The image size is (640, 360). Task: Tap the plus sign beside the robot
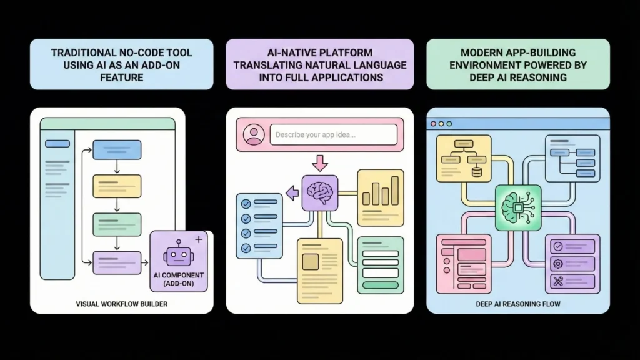(x=199, y=239)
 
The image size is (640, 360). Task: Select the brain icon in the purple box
(x=319, y=192)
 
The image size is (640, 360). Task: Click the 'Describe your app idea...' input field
(x=334, y=134)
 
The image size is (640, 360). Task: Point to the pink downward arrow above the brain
(x=319, y=162)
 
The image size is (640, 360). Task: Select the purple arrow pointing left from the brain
(x=292, y=194)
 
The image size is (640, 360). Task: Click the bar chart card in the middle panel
(x=381, y=197)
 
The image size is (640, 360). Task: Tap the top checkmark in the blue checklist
(x=246, y=204)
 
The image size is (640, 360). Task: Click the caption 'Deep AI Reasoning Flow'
(x=517, y=304)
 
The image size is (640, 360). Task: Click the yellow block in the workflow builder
(x=117, y=186)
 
